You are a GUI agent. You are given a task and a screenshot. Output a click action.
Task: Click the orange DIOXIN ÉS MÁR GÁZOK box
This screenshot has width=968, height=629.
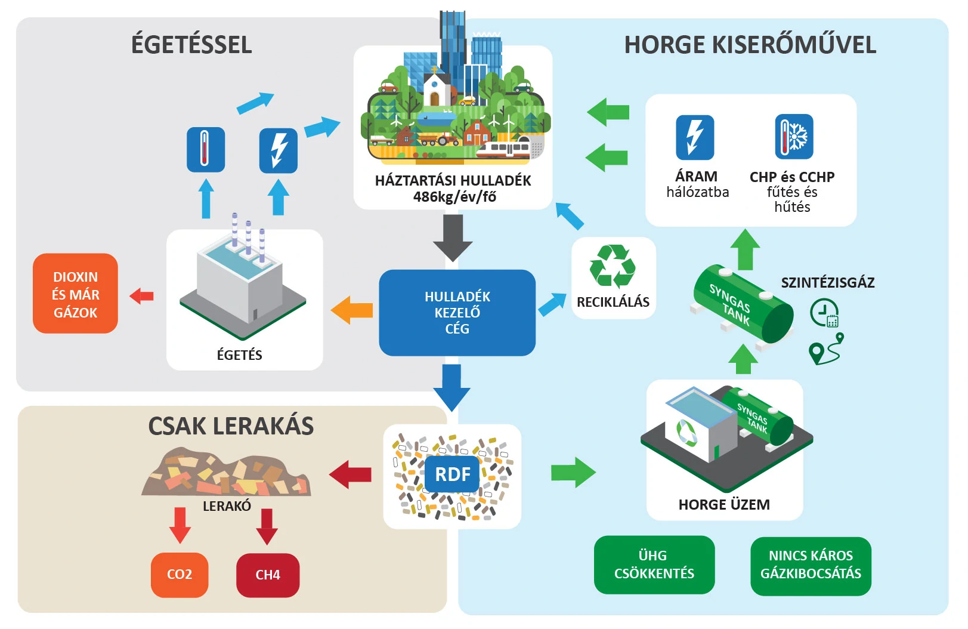click(x=75, y=294)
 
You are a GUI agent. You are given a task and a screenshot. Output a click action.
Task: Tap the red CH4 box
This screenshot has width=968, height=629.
click(x=268, y=575)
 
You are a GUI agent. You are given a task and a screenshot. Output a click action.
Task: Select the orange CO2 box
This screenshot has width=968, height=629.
click(x=180, y=575)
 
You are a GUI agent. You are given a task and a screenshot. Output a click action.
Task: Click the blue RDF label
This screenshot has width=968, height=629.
click(x=453, y=474)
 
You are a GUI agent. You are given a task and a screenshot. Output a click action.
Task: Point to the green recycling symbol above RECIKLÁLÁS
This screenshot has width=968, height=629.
click(x=613, y=266)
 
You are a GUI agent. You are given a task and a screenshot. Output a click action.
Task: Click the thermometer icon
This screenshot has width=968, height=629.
click(x=205, y=149)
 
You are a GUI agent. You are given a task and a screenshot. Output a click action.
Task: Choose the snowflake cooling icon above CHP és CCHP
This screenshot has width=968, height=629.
click(x=794, y=137)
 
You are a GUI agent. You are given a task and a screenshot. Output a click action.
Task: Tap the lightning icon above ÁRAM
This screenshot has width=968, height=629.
click(x=695, y=137)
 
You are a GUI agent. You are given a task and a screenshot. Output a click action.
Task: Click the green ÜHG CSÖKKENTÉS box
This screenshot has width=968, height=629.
click(x=654, y=565)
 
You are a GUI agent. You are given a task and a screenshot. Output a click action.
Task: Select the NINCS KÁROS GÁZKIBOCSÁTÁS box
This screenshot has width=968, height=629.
click(x=811, y=565)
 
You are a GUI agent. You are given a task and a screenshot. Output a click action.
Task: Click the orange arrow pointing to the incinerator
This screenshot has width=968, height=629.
click(x=352, y=310)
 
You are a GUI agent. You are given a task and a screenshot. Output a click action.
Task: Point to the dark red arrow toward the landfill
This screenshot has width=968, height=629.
click(x=350, y=474)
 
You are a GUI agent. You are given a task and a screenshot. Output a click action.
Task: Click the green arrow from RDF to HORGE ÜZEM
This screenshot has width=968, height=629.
click(x=573, y=473)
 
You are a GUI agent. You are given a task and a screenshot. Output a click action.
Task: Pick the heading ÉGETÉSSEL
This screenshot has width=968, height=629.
click(x=191, y=45)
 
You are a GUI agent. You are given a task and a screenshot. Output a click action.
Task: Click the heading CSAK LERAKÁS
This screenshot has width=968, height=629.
click(x=231, y=426)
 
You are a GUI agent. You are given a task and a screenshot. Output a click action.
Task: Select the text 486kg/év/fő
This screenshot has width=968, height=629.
click(x=454, y=197)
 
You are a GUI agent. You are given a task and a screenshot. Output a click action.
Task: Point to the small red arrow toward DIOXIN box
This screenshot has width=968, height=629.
click(x=142, y=295)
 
